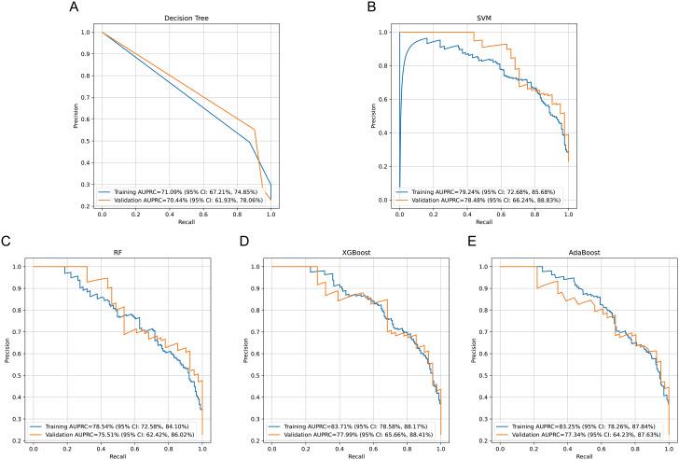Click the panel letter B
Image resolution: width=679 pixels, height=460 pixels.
[x=373, y=7]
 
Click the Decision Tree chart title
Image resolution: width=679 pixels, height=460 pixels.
[x=185, y=19]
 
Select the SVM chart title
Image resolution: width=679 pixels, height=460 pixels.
[x=484, y=19]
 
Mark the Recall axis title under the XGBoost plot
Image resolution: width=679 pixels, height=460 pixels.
[x=345, y=454]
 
